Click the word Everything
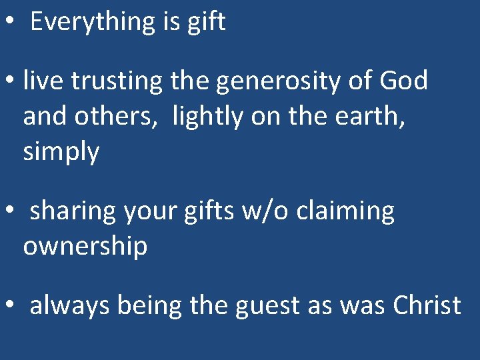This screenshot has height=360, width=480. click(83, 22)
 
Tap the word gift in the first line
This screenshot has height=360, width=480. click(207, 22)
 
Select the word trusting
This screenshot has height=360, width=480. click(117, 81)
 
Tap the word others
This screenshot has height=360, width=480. click(126, 117)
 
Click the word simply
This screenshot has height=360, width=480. click(61, 152)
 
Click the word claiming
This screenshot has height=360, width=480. click(346, 211)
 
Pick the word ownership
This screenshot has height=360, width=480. click(85, 247)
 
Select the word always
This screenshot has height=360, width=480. click(71, 306)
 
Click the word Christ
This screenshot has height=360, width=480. click(427, 306)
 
